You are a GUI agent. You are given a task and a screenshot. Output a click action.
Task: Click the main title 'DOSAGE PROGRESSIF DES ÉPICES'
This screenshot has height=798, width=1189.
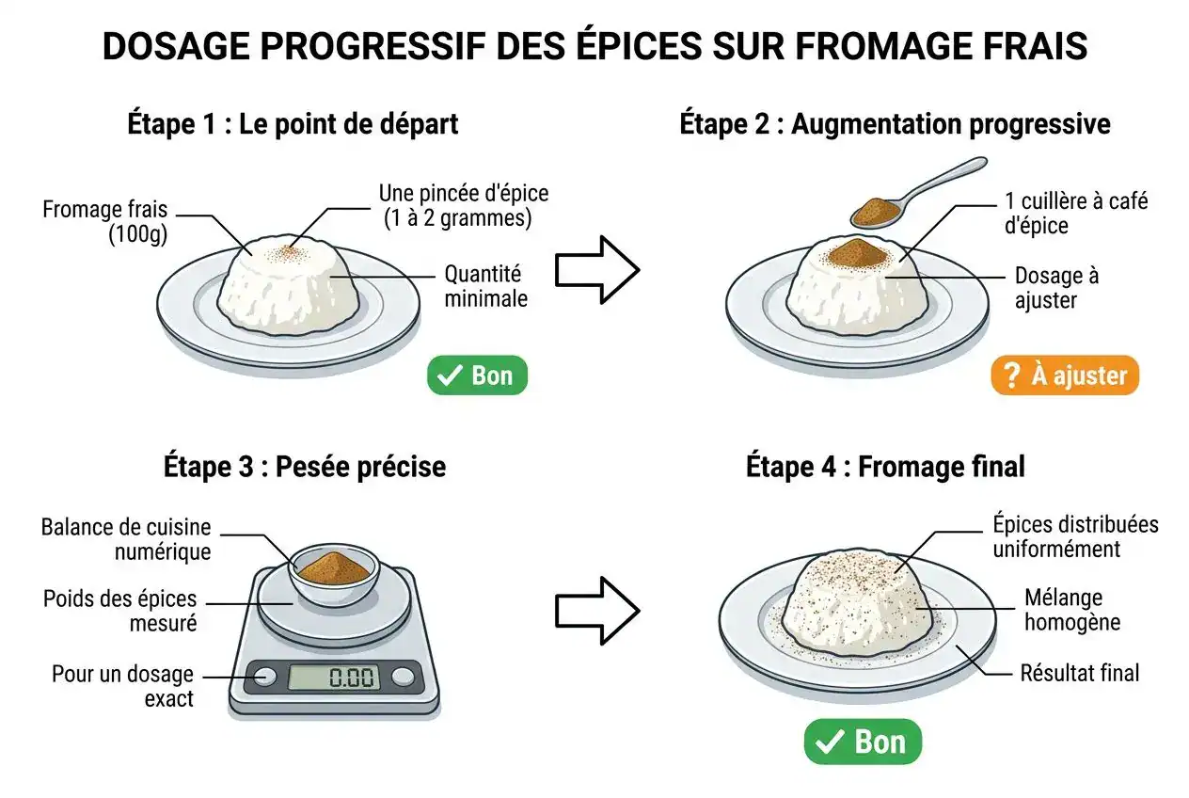click(594, 46)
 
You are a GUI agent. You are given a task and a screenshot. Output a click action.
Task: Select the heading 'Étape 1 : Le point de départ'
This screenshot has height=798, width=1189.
click(293, 124)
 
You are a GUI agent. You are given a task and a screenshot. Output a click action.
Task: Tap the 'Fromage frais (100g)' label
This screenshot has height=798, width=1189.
click(104, 221)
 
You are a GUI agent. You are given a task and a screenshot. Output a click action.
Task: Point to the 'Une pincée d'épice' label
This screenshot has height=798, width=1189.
click(463, 205)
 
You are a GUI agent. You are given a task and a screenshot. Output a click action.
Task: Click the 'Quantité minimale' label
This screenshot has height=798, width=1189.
click(485, 286)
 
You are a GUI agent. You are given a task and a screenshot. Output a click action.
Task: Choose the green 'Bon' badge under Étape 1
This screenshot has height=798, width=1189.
click(477, 375)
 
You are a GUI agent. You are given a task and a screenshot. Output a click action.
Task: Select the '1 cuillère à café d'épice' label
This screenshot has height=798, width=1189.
click(1074, 213)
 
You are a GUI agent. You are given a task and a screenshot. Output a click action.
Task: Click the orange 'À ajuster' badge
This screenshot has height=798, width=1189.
click(1064, 375)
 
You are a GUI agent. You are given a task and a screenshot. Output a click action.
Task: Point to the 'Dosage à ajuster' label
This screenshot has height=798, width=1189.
click(1055, 288)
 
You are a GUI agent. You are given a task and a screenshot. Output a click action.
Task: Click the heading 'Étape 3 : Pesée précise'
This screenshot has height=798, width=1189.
click(305, 467)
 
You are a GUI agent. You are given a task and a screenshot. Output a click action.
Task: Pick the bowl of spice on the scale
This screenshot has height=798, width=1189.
click(332, 571)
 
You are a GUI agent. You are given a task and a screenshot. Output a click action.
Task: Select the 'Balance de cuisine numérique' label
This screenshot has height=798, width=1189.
click(125, 539)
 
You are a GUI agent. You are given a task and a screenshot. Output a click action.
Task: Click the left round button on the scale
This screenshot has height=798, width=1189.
click(264, 676)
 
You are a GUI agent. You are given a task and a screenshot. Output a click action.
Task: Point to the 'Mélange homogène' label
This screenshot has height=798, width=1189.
click(1071, 610)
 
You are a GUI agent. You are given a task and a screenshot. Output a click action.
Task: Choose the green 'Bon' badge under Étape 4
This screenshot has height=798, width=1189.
click(862, 742)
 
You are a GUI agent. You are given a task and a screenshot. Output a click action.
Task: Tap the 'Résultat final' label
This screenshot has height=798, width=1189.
click(1079, 673)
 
